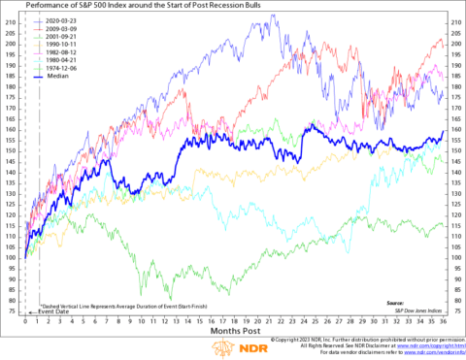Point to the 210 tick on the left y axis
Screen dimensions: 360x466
point(11,20)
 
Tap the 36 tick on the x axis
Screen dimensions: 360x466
point(444,321)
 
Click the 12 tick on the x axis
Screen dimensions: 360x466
point(165,321)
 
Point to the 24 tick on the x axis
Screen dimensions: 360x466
point(304,321)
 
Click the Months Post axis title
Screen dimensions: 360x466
point(234,332)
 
